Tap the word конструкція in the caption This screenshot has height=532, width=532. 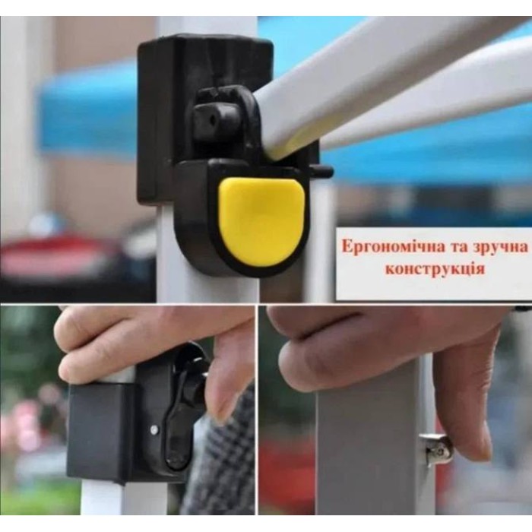[435, 269]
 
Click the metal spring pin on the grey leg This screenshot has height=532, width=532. [437, 446]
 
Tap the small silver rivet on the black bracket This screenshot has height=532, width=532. [154, 429]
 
